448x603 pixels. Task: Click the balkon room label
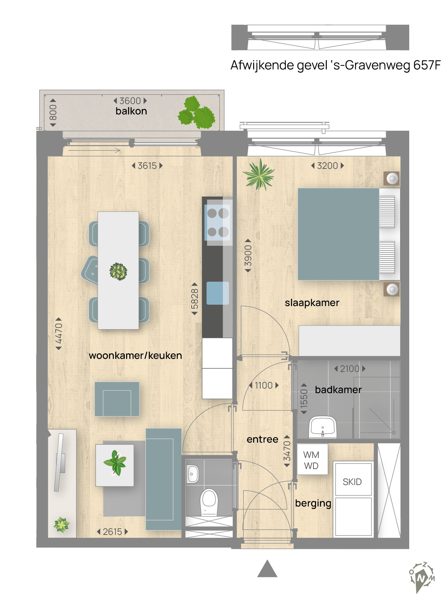(131, 111)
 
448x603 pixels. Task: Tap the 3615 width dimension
(147, 166)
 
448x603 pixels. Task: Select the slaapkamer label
(312, 303)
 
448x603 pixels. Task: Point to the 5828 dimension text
(195, 299)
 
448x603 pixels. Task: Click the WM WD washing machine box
(311, 460)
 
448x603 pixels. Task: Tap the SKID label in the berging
(352, 482)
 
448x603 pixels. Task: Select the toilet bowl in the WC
(209, 501)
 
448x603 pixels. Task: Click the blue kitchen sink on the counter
(217, 293)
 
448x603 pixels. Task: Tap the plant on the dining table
(118, 271)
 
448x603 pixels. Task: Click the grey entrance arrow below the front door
(267, 569)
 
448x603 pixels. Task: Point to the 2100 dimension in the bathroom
(350, 369)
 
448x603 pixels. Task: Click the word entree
(262, 439)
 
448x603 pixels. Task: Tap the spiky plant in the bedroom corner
(259, 174)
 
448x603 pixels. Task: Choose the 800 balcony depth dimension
(53, 112)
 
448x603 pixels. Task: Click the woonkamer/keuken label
(135, 355)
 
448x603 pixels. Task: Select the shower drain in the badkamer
(394, 433)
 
